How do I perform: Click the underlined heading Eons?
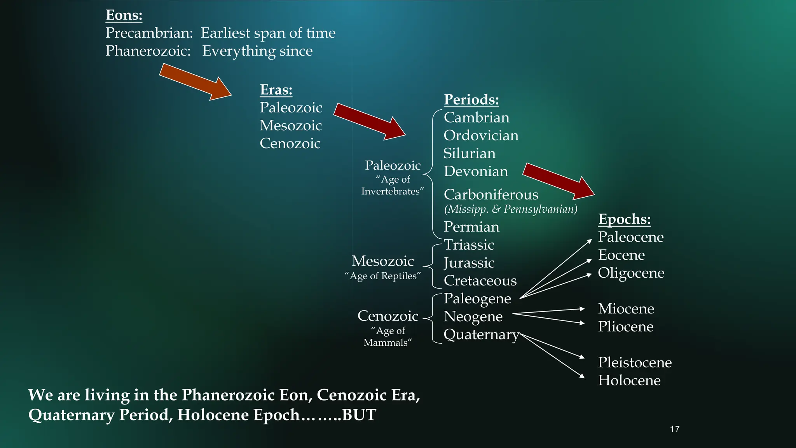124,15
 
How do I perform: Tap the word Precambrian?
148,33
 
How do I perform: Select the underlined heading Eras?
276,90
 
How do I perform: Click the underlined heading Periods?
471,100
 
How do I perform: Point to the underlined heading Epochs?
624,219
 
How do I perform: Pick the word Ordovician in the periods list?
481,135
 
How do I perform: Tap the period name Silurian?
469,153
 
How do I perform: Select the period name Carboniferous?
491,194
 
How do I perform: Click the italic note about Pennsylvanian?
510,209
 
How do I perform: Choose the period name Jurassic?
469,263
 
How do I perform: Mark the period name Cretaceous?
480,281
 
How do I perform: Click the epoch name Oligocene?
631,273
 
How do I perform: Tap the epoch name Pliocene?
625,327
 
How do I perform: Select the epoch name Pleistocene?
634,362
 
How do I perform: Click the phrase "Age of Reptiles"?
382,276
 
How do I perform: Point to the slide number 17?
675,429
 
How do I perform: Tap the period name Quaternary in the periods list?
481,334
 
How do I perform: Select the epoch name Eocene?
621,255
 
